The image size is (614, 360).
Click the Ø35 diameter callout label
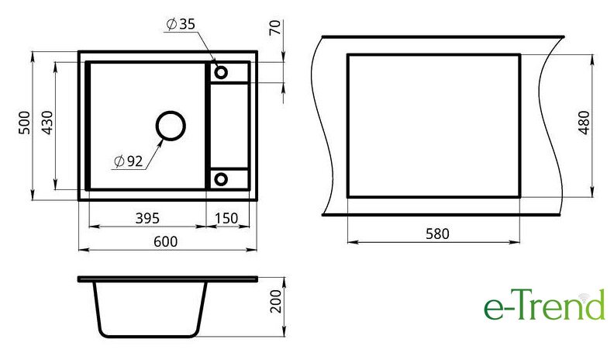click(181, 24)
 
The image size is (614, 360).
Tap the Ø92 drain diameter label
click(129, 161)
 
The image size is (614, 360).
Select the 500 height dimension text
click(24, 123)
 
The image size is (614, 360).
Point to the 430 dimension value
click(47, 123)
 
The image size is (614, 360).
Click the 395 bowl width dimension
click(147, 218)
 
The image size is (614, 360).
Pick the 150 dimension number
click(226, 218)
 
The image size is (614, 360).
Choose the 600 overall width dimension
click(165, 241)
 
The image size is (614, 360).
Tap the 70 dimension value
click(275, 27)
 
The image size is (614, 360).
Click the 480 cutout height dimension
click(584, 123)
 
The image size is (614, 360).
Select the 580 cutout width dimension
click(437, 234)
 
